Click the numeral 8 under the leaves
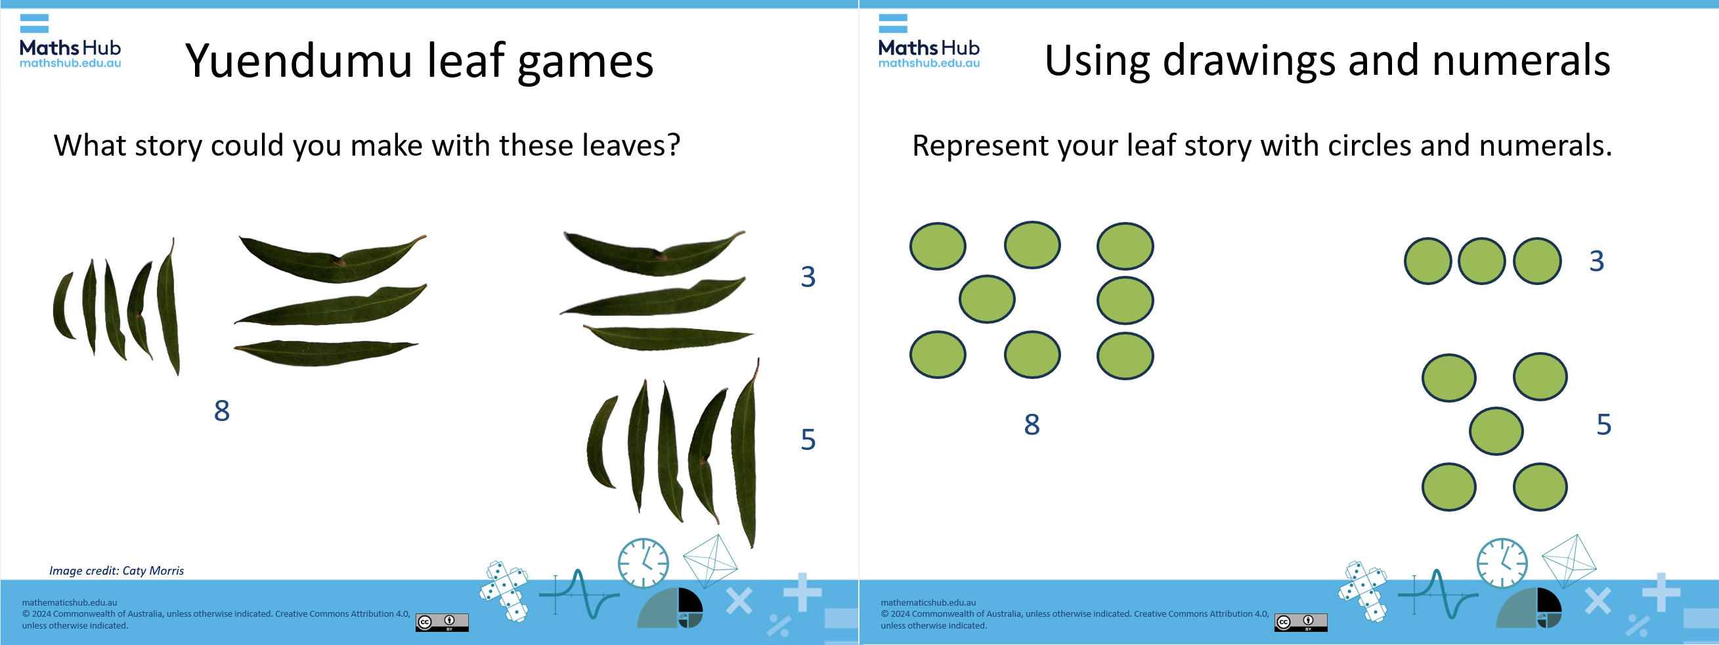click(221, 411)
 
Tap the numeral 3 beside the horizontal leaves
click(808, 277)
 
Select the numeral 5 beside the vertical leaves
click(808, 439)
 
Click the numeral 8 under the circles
click(1032, 425)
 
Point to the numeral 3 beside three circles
click(1596, 261)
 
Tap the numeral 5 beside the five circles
click(1603, 425)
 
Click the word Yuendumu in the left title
click(298, 61)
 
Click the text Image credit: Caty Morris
click(116, 571)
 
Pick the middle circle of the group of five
click(1496, 432)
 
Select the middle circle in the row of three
click(1481, 261)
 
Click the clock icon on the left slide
click(643, 563)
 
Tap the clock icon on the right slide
click(1502, 563)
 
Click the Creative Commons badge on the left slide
click(442, 622)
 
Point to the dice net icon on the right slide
click(1362, 592)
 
